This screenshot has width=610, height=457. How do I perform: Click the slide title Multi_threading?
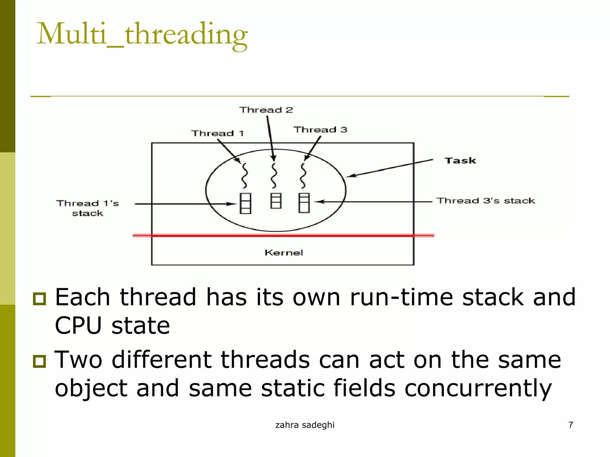pyautogui.click(x=142, y=34)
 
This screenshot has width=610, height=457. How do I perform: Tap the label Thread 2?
pyautogui.click(x=266, y=110)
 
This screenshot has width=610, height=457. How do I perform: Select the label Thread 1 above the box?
pyautogui.click(x=217, y=133)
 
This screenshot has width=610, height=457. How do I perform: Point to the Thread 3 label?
pyautogui.click(x=320, y=130)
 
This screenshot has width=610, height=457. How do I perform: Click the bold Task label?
pyautogui.click(x=460, y=161)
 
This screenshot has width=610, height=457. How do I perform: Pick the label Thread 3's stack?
pyautogui.click(x=485, y=201)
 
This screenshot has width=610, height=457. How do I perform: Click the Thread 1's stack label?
pyautogui.click(x=87, y=208)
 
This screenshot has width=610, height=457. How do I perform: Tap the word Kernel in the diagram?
pyautogui.click(x=284, y=253)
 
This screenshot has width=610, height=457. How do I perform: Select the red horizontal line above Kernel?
pyautogui.click(x=283, y=235)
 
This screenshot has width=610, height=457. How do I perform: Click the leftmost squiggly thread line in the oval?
pyautogui.click(x=244, y=176)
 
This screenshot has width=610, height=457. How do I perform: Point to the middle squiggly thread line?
pyautogui.click(x=274, y=176)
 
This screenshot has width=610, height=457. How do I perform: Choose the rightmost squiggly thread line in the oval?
pyautogui.click(x=303, y=176)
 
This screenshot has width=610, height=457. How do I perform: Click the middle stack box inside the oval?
pyautogui.click(x=276, y=201)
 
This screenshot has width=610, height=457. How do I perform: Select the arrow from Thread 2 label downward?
pyautogui.click(x=270, y=137)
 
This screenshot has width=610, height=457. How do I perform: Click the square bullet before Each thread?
pyautogui.click(x=39, y=299)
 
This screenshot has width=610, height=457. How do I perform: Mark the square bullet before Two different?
pyautogui.click(x=39, y=361)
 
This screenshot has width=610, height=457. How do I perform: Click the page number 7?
pyautogui.click(x=571, y=425)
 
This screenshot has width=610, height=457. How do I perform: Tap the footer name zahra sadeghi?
pyautogui.click(x=305, y=425)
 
